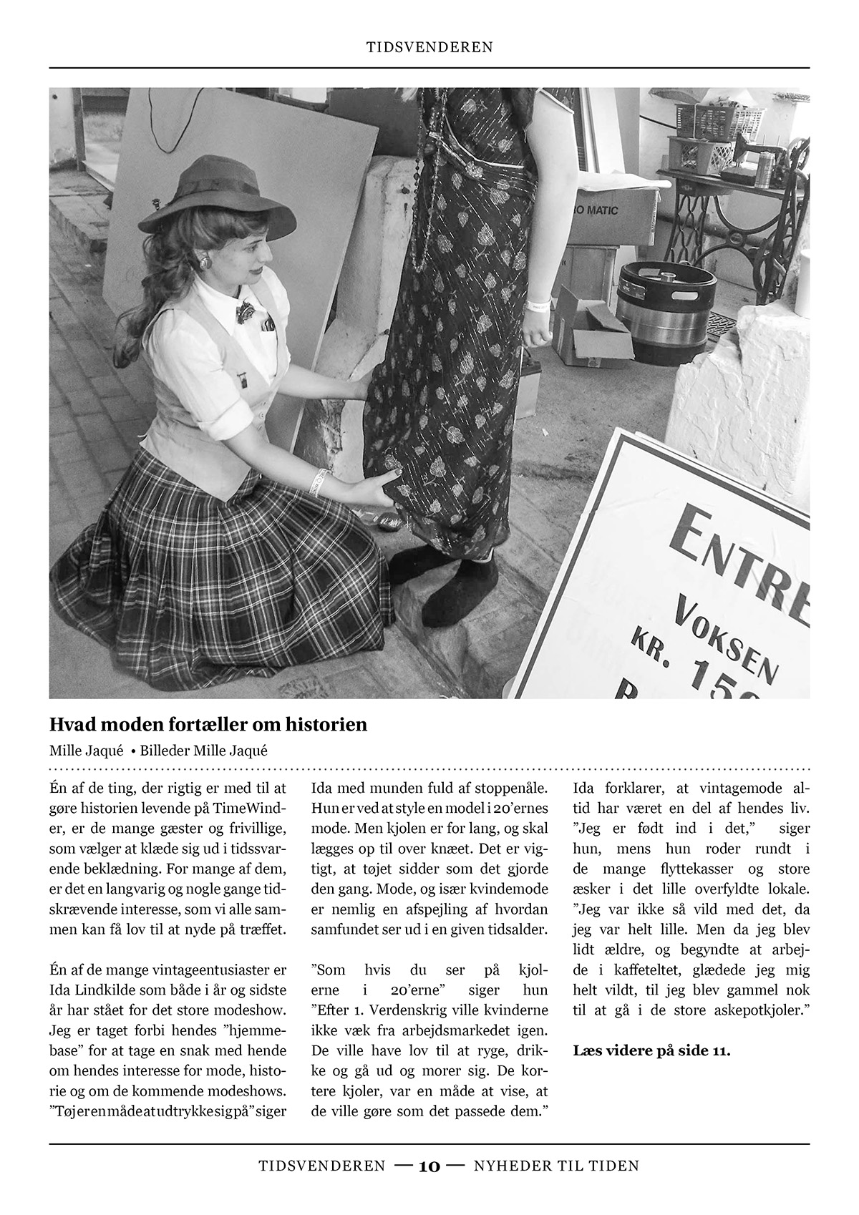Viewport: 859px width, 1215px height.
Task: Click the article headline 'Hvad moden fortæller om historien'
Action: (208, 724)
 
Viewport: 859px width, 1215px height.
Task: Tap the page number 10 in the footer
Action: (429, 1166)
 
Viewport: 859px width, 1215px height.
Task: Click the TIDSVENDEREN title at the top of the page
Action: (429, 47)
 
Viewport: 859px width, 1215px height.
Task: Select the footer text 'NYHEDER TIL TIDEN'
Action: (556, 1166)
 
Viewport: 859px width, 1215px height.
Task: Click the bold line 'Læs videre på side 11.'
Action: (651, 1051)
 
